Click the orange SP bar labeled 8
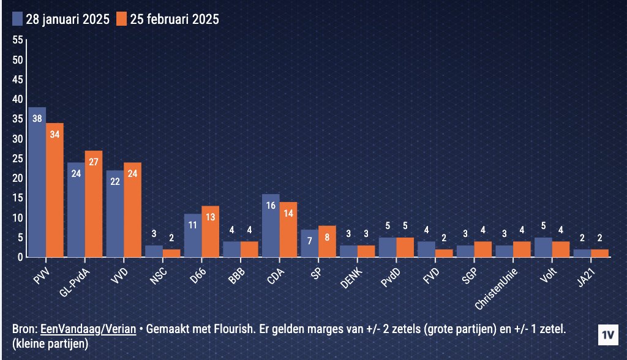tap(327, 241)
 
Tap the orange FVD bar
tap(444, 253)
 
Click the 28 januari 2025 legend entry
tap(61, 19)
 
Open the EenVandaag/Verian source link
tap(88, 329)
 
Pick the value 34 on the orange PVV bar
tap(54, 135)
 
